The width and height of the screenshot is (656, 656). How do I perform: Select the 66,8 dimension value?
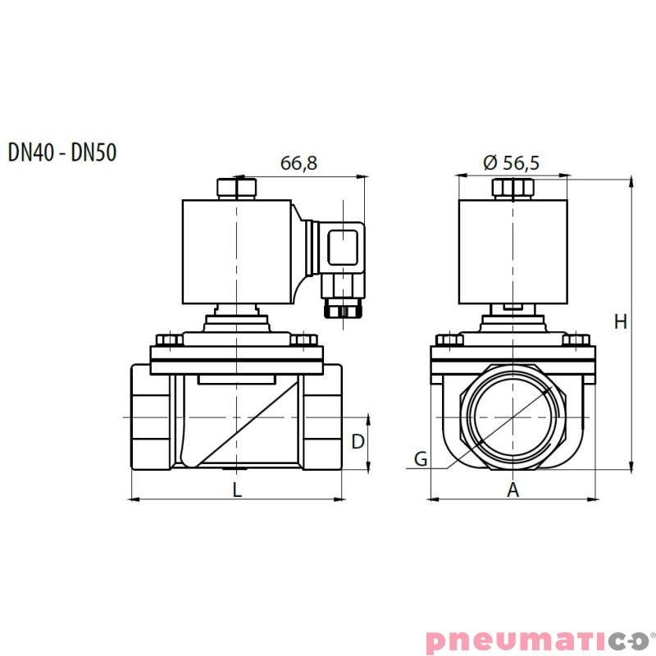coord(298,163)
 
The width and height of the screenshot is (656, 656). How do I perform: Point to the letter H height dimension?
coord(621,322)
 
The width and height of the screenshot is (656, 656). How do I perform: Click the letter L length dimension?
coord(237,490)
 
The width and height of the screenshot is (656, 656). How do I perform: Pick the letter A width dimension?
coord(513,490)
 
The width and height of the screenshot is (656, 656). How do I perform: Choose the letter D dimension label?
coord(358,442)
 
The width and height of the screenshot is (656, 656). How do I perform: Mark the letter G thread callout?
coord(420,459)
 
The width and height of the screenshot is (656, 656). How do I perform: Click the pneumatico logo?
coord(537,640)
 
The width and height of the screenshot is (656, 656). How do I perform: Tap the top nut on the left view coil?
coord(237,188)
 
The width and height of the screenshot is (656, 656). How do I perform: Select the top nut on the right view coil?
coord(512,188)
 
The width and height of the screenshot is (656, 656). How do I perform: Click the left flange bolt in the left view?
coord(169,339)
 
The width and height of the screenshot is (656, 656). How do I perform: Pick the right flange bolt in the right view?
coord(577,339)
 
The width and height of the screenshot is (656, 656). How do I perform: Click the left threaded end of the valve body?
coord(150,419)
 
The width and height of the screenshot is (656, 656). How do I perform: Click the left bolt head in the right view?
coord(449,339)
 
